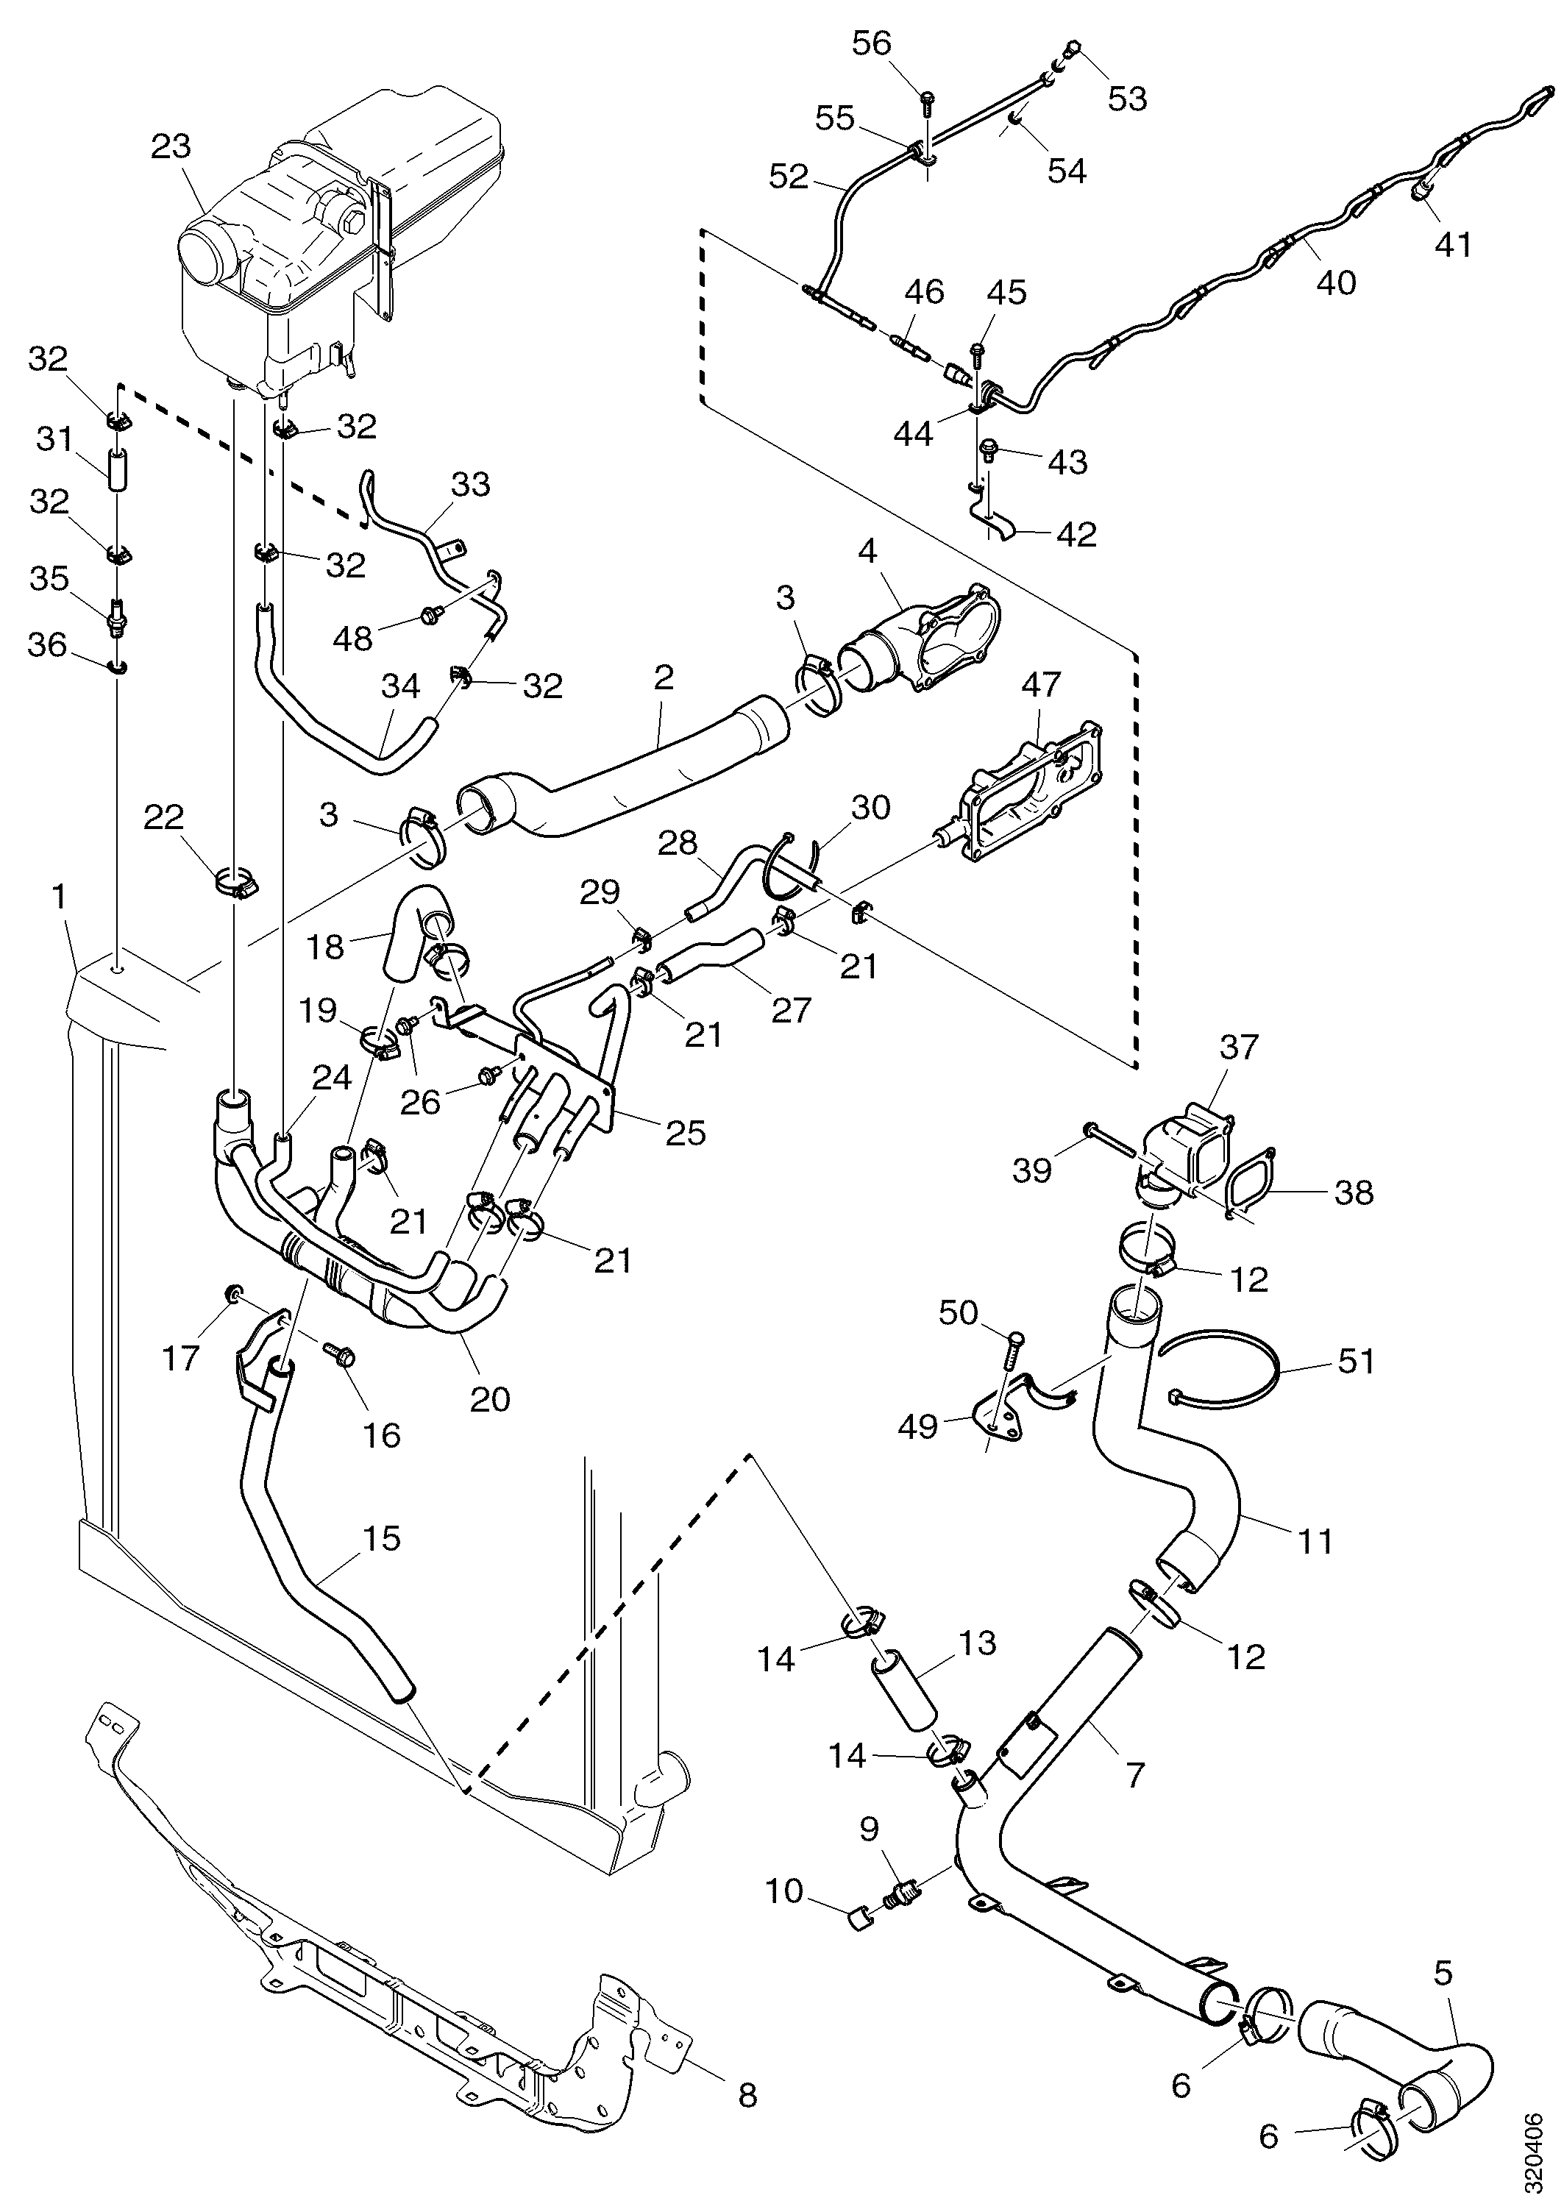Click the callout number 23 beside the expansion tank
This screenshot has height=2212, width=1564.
point(171,147)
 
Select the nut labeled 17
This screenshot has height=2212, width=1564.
point(232,1293)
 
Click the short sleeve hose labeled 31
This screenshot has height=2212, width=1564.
point(117,469)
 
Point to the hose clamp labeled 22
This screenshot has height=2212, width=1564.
point(235,881)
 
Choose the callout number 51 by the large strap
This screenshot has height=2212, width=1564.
point(1357,1362)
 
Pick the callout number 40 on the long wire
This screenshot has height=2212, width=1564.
point(1336,282)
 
